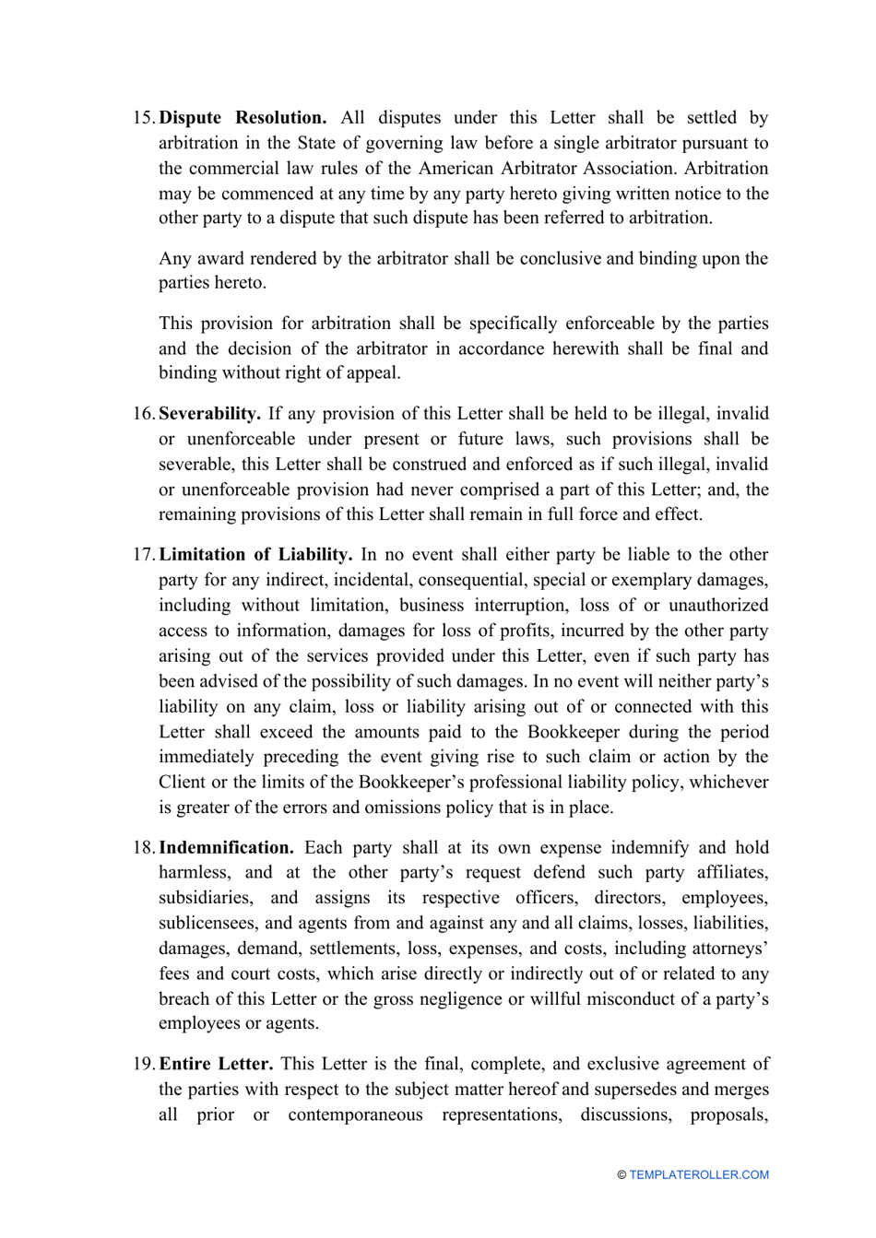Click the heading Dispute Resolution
tap(243, 118)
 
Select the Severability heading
tap(209, 414)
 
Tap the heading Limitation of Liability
tap(255, 555)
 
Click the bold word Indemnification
tap(226, 848)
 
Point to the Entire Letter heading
tap(216, 1064)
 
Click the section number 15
tap(144, 118)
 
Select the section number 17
tap(144, 555)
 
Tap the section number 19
tap(144, 1064)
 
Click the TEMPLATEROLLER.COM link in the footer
tap(699, 1175)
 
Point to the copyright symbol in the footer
tap(622, 1175)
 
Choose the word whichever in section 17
tap(728, 783)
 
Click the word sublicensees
tap(209, 924)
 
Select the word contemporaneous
tap(355, 1115)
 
